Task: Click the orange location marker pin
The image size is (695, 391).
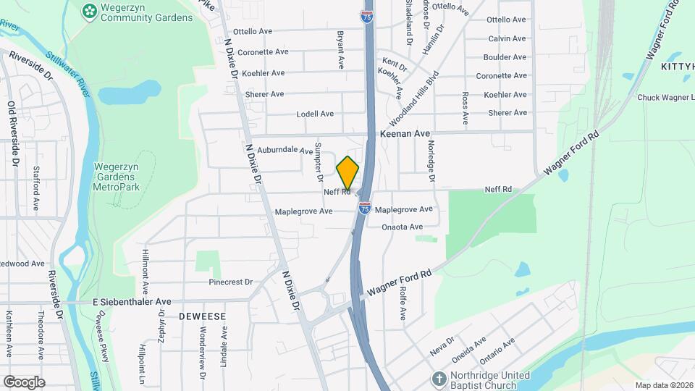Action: [x=347, y=173]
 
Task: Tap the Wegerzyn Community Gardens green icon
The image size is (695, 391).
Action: [x=90, y=10]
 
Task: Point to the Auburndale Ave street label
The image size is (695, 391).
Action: [x=280, y=151]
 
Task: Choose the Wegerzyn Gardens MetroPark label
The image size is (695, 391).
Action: [x=121, y=177]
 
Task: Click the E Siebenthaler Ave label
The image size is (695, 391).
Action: [x=132, y=301]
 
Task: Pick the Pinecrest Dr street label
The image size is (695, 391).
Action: [x=230, y=282]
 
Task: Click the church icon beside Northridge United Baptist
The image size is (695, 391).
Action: [x=439, y=379]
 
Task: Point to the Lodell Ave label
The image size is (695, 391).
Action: [x=315, y=114]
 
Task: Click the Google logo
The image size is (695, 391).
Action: [x=24, y=382]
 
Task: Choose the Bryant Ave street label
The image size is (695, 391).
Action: [x=340, y=49]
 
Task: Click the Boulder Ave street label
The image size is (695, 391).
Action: [x=505, y=57]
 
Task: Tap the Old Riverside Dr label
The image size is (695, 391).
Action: [x=12, y=134]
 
